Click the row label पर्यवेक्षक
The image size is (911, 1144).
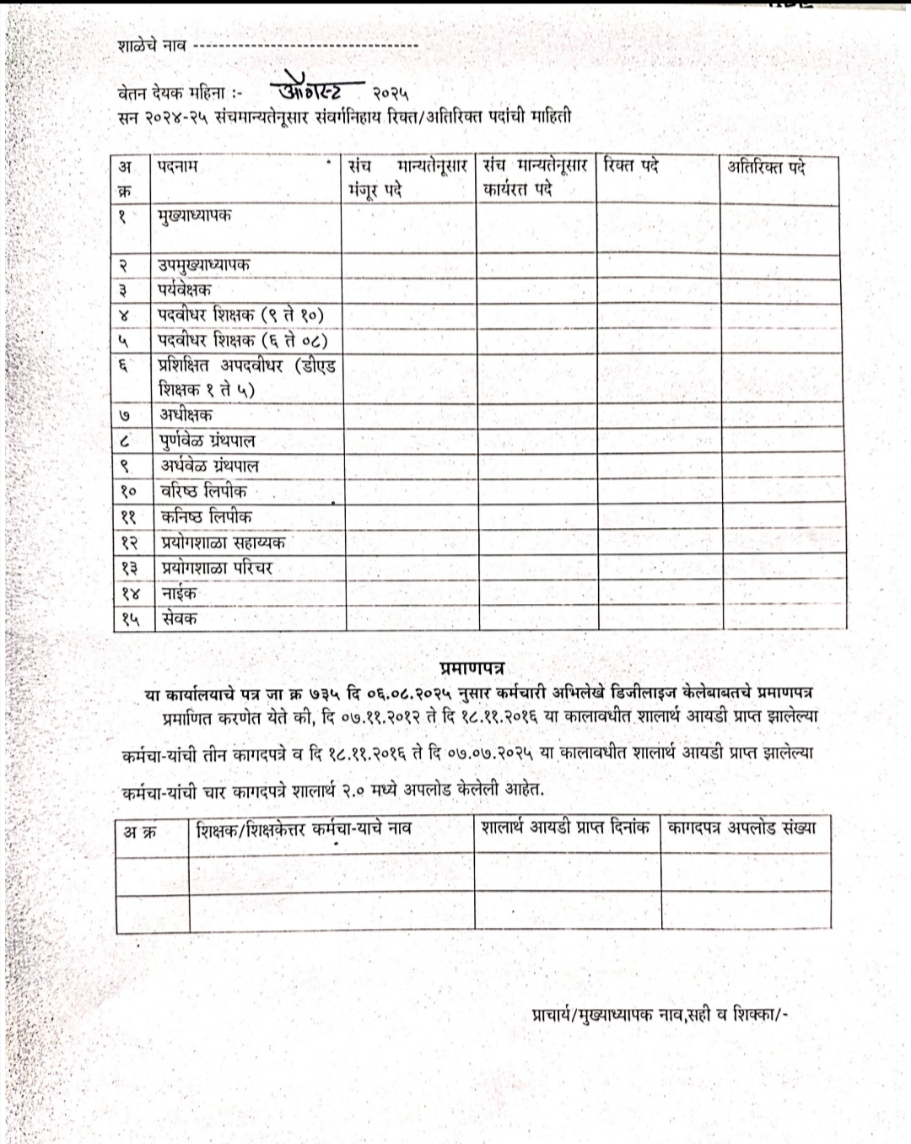[x=184, y=290]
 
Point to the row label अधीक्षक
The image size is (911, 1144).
[x=186, y=415]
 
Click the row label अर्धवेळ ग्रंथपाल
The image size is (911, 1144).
[x=209, y=466]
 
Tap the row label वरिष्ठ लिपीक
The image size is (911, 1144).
[x=203, y=491]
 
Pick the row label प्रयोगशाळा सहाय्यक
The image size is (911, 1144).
[x=223, y=542]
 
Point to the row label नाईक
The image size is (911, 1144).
[x=178, y=593]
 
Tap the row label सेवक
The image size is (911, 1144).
[x=178, y=618]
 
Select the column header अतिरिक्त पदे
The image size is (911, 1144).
[x=767, y=167]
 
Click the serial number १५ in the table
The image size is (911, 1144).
[x=129, y=619]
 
